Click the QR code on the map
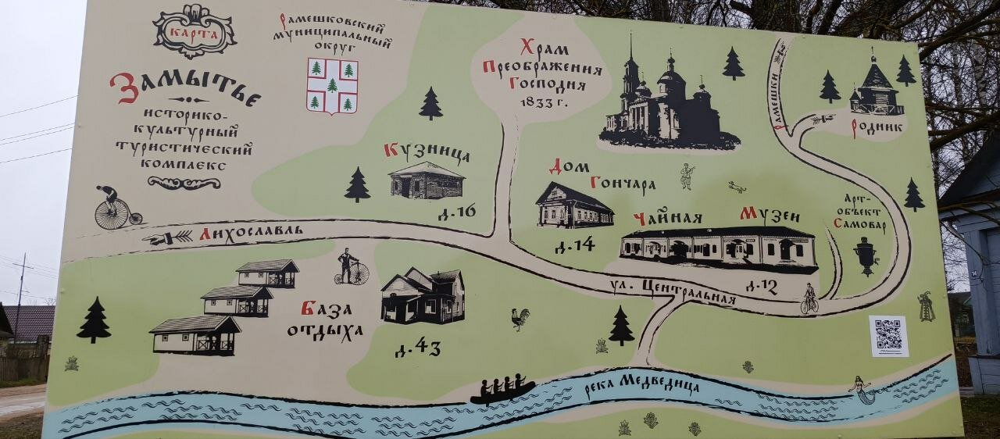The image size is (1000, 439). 888,335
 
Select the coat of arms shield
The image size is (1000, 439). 332,86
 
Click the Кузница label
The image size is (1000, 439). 427,152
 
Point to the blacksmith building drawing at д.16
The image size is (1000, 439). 427,180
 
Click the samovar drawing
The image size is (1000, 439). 866,256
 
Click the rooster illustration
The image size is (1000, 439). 520,318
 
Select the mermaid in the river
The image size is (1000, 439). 862,389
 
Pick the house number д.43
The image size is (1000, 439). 417,349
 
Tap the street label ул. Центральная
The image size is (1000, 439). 673,291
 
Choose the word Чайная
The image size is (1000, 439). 668,218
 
